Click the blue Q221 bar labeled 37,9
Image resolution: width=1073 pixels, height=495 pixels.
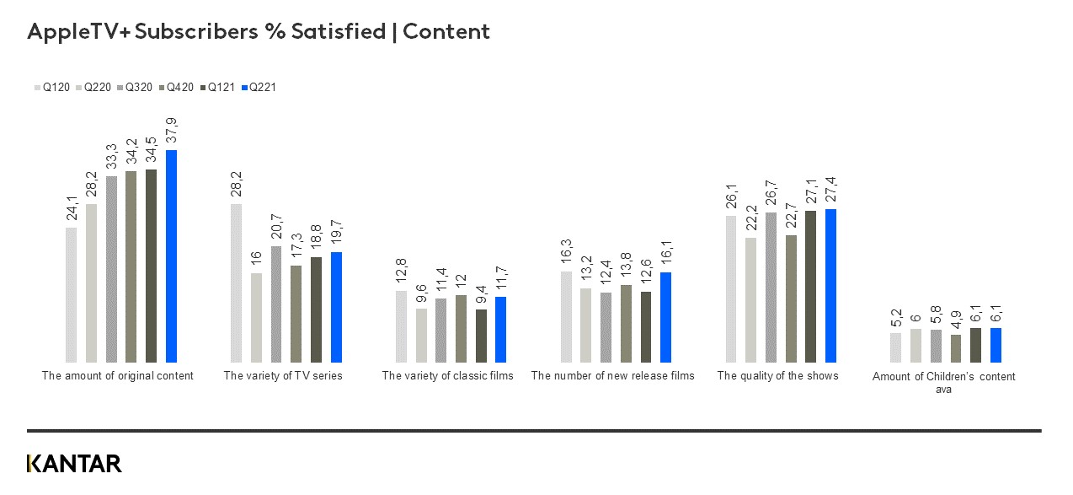pyautogui.click(x=171, y=256)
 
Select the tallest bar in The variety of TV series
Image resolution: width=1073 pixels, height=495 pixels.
pyautogui.click(x=236, y=282)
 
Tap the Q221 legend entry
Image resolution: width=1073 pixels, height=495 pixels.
pyautogui.click(x=259, y=87)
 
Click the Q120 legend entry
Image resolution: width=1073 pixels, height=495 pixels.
pyautogui.click(x=52, y=87)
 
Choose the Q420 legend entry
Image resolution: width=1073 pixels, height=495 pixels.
pyautogui.click(x=176, y=87)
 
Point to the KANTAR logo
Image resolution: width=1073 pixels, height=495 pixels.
pyautogui.click(x=74, y=464)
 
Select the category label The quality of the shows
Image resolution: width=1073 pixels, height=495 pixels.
pyautogui.click(x=777, y=376)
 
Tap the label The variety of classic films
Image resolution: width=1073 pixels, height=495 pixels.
pyautogui.click(x=447, y=376)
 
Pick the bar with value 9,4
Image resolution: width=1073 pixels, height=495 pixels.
pyautogui.click(x=481, y=336)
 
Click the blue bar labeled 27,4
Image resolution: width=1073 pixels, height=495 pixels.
pyautogui.click(x=830, y=285)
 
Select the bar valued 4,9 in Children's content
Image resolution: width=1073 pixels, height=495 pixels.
pyautogui.click(x=955, y=348)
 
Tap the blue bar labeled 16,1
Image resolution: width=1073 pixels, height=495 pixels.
pyautogui.click(x=665, y=317)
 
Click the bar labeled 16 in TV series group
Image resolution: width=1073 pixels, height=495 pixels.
pyautogui.click(x=256, y=317)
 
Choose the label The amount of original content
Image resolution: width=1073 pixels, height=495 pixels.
pyautogui.click(x=117, y=376)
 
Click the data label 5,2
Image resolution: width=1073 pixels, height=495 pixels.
pyautogui.click(x=895, y=319)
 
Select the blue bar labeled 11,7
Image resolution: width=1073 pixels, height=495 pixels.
pyautogui.click(x=501, y=329)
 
